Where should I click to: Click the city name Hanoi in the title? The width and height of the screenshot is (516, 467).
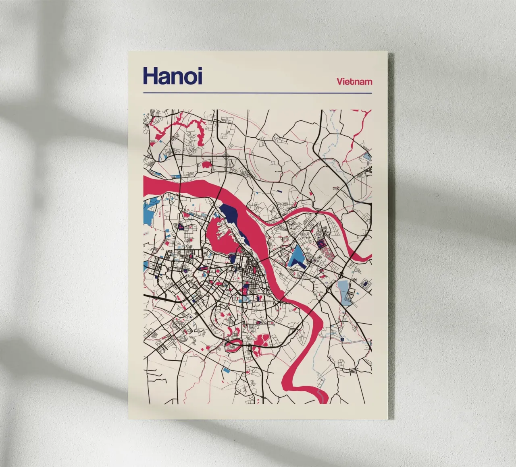[x=173, y=76]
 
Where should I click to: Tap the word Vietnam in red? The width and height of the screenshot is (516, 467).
[x=354, y=82]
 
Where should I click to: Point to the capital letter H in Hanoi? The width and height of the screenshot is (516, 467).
[x=151, y=76]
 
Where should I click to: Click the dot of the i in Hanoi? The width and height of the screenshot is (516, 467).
[x=199, y=69]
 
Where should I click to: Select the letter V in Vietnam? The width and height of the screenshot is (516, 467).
[x=340, y=82]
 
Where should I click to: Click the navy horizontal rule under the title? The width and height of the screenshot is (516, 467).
[x=257, y=93]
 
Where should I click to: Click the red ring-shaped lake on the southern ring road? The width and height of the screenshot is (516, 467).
[x=234, y=345]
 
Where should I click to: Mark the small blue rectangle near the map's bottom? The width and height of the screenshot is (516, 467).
[x=227, y=370]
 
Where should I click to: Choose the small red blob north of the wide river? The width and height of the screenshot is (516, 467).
[x=207, y=164]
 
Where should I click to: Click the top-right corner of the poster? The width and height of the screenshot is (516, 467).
[x=387, y=52]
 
